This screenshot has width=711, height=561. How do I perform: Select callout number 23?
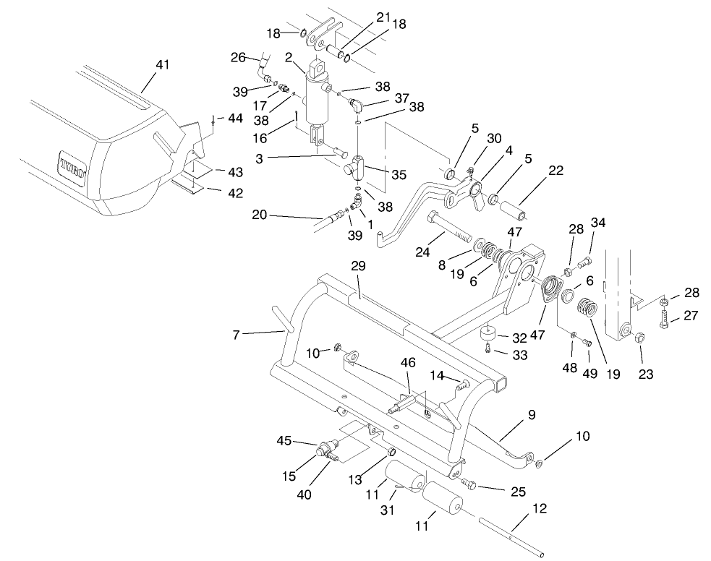(647, 374)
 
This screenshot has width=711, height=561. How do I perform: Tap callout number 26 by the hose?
(238, 57)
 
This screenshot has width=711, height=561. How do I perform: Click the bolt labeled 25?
(469, 484)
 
